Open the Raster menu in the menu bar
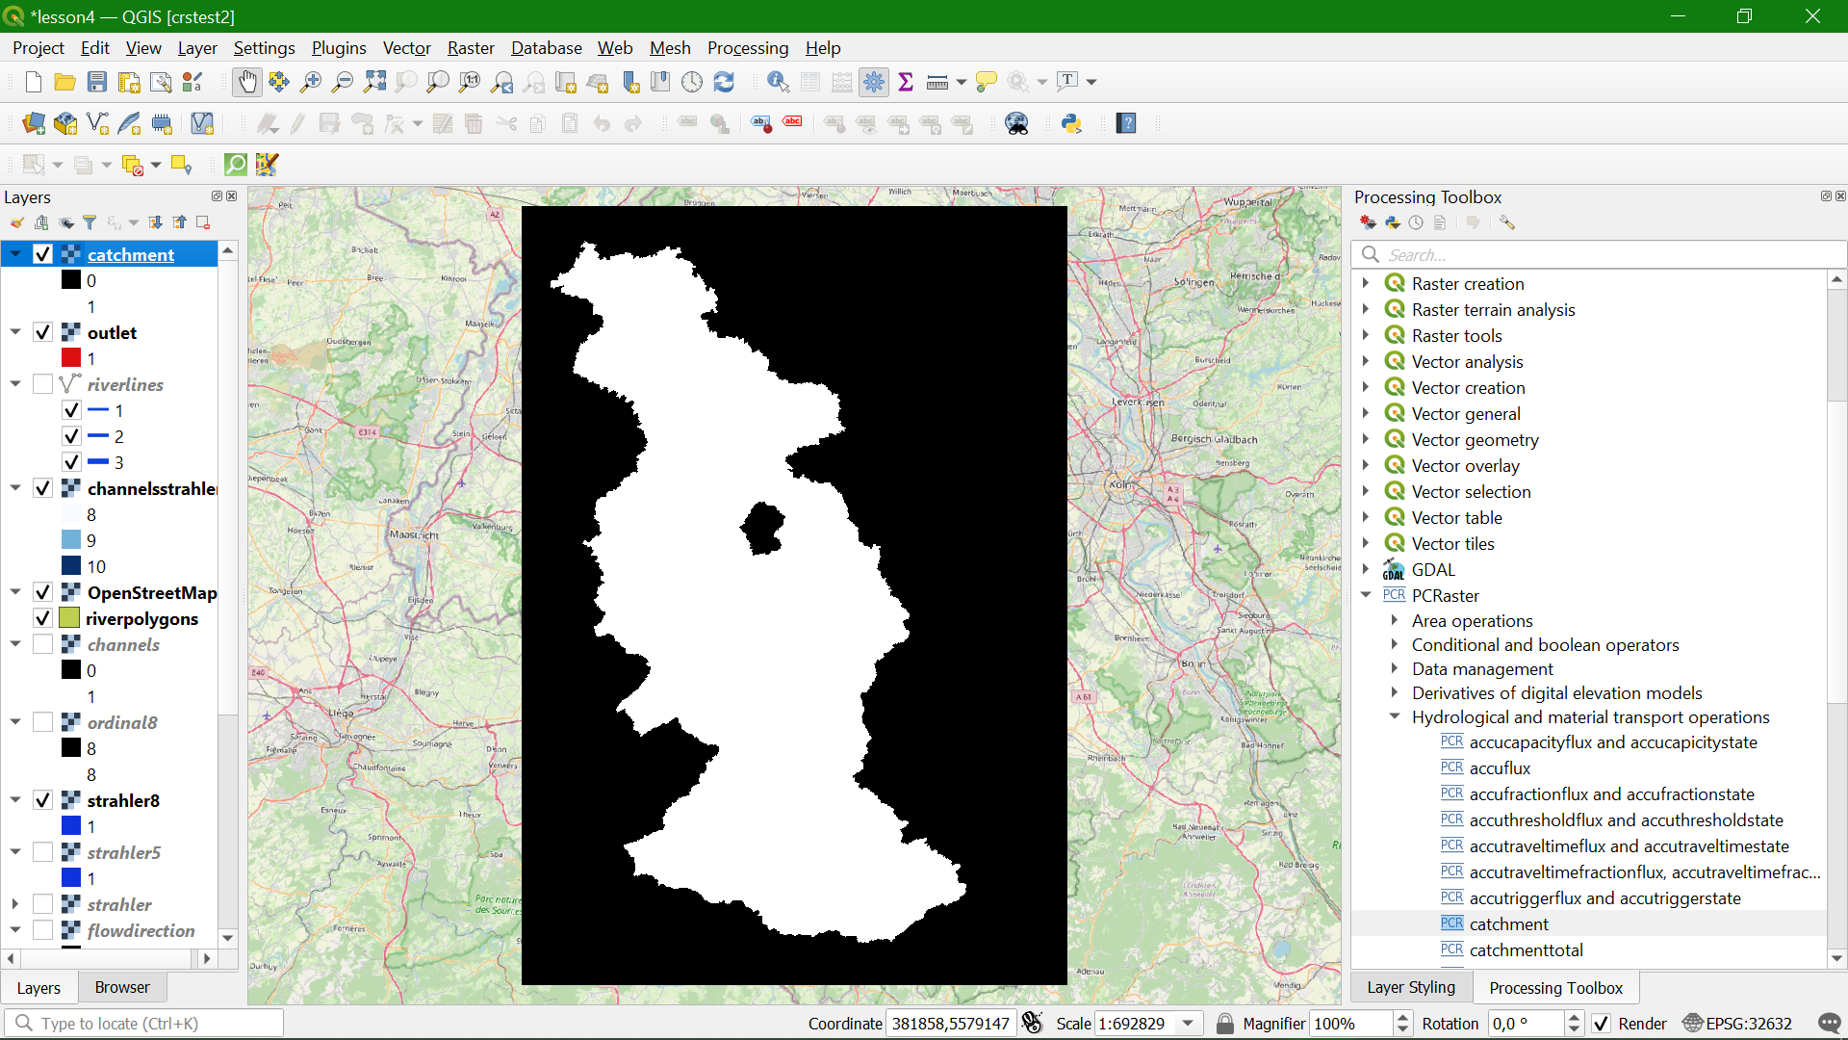[x=470, y=48]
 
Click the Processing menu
[x=747, y=48]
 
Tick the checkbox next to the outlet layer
[x=42, y=332]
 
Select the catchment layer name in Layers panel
[x=131, y=254]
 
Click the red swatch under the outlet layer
[x=71, y=358]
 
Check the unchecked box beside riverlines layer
[x=42, y=384]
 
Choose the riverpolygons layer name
[x=141, y=618]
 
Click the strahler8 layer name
[x=123, y=800]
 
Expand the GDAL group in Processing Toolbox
[x=1366, y=570]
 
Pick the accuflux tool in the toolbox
[x=1500, y=767]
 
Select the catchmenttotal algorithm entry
[x=1526, y=949]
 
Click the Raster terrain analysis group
[x=1493, y=310]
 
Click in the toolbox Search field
[x=1598, y=255]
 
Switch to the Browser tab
[x=122, y=987]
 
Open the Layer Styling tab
[x=1410, y=987]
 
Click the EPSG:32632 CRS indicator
[x=1737, y=1024]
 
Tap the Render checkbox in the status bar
[x=1601, y=1024]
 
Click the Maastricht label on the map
[x=414, y=534]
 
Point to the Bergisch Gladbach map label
[x=1214, y=439]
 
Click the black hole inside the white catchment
[x=763, y=528]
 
